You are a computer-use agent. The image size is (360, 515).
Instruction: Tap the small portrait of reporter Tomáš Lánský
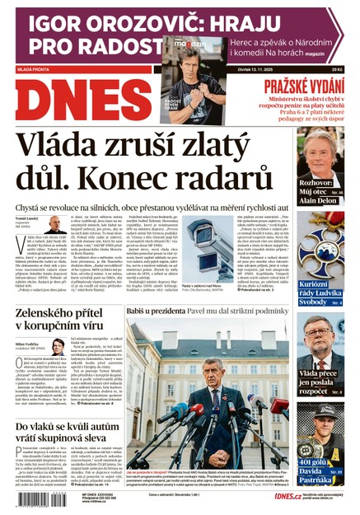click(x=54, y=227)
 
